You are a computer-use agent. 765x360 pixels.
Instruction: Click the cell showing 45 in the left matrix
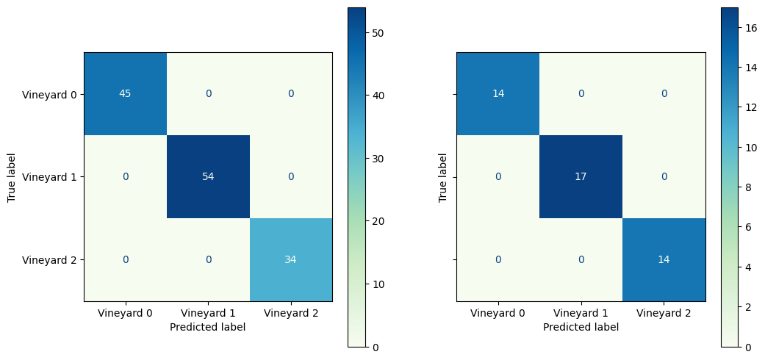click(x=125, y=94)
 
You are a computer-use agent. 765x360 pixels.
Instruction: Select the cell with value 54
click(x=208, y=177)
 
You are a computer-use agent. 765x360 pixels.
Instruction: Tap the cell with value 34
click(x=291, y=260)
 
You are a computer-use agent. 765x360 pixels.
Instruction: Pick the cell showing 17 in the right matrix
click(x=581, y=177)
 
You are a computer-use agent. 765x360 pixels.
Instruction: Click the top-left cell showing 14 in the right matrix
click(x=498, y=94)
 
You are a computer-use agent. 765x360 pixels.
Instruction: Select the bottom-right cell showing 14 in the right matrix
click(x=664, y=260)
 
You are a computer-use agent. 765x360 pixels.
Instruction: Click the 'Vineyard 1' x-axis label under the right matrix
click(x=581, y=314)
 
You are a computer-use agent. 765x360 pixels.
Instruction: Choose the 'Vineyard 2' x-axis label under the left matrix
click(x=291, y=314)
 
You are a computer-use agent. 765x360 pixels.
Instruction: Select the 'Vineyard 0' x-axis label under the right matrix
click(x=498, y=314)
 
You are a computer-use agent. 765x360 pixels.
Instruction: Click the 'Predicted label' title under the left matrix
click(x=208, y=328)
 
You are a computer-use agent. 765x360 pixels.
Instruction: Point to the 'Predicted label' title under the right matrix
click(x=581, y=328)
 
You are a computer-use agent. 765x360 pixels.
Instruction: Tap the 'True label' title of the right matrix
click(x=442, y=177)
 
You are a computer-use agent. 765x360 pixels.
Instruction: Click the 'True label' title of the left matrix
click(x=12, y=177)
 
